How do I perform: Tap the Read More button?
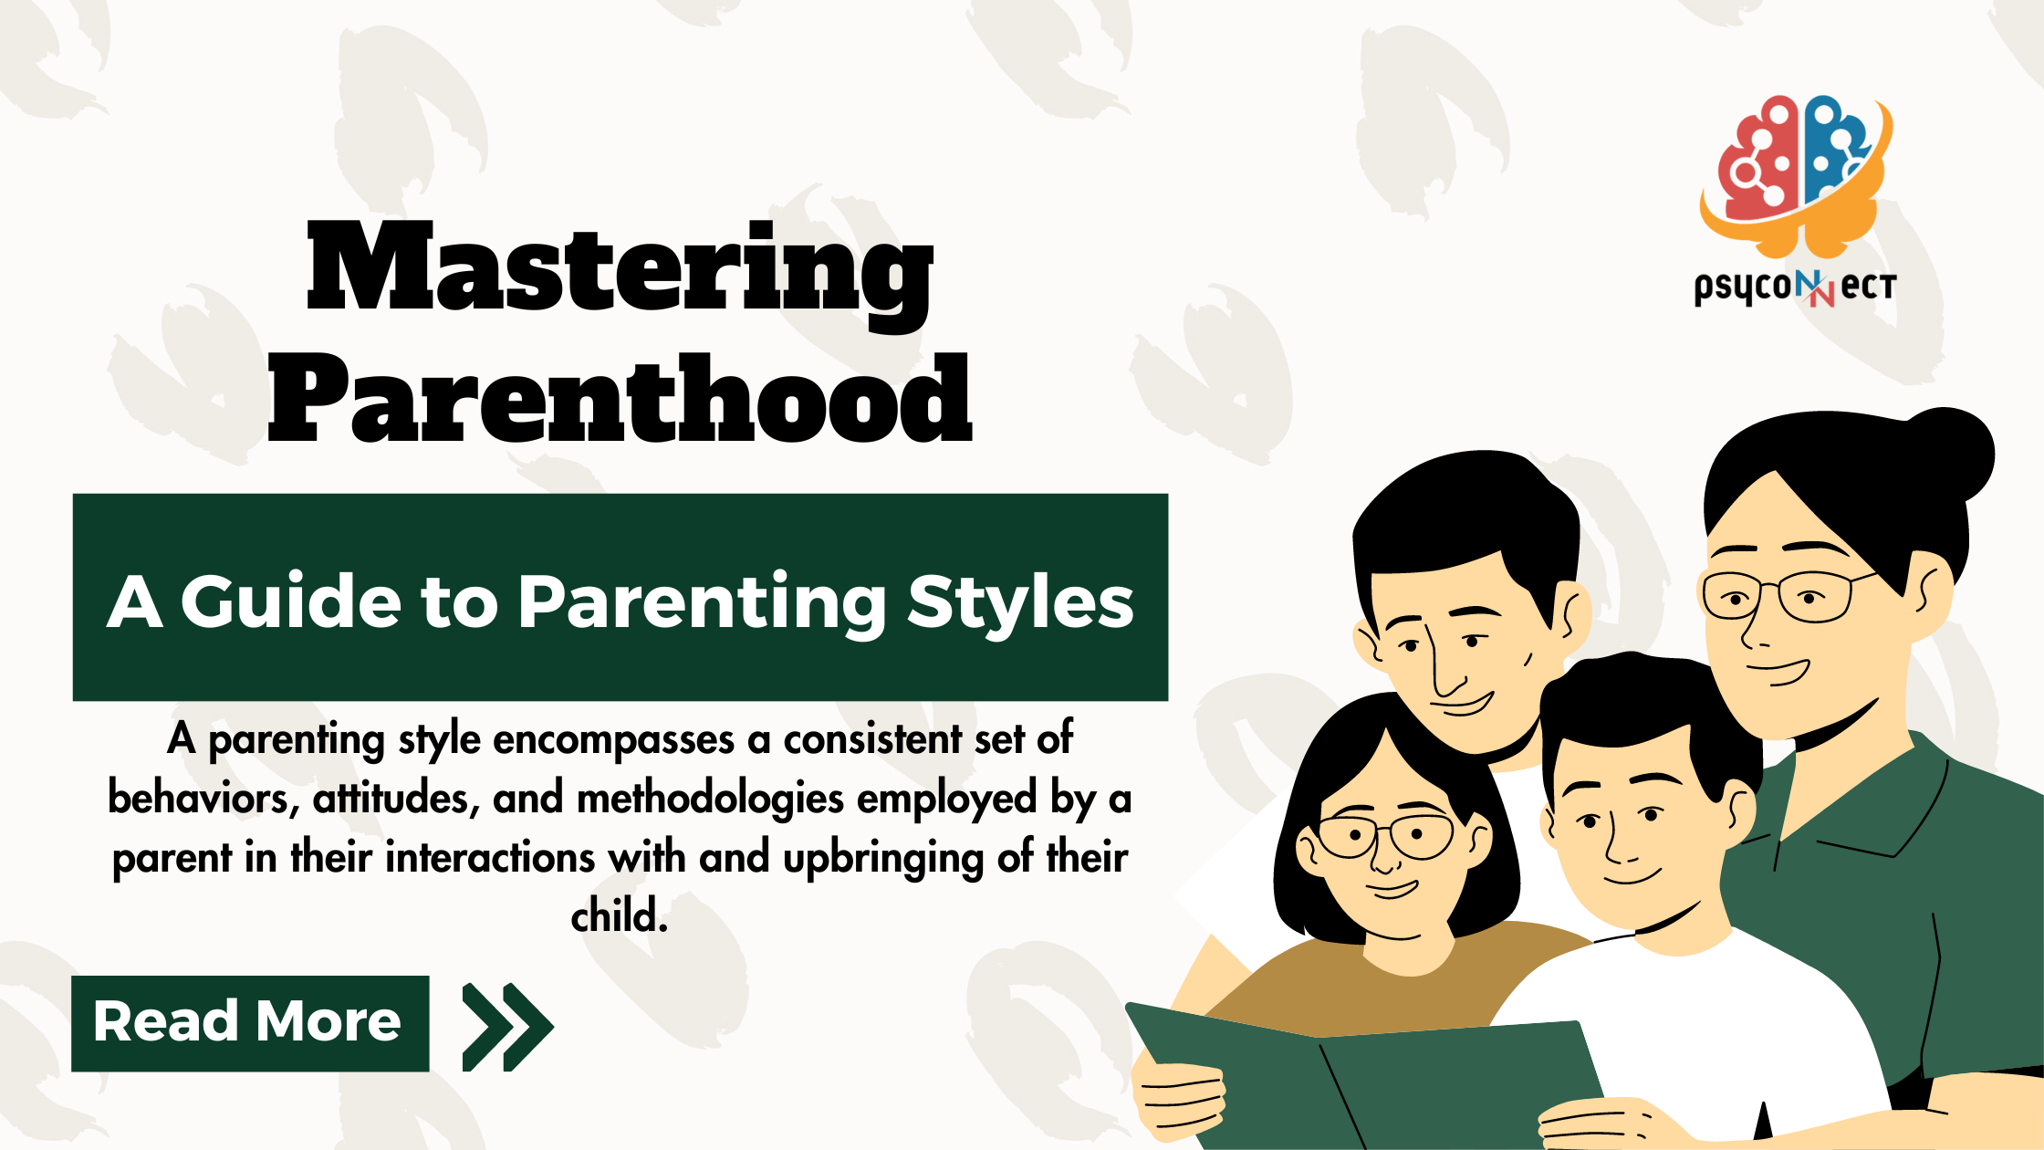point(249,1022)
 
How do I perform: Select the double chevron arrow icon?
point(506,1026)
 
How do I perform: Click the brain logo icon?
point(1792,173)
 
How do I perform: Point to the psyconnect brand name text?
point(1794,287)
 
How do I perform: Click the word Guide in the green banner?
point(290,602)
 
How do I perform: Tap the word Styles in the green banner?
point(1020,602)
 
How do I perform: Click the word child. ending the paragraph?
point(620,915)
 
